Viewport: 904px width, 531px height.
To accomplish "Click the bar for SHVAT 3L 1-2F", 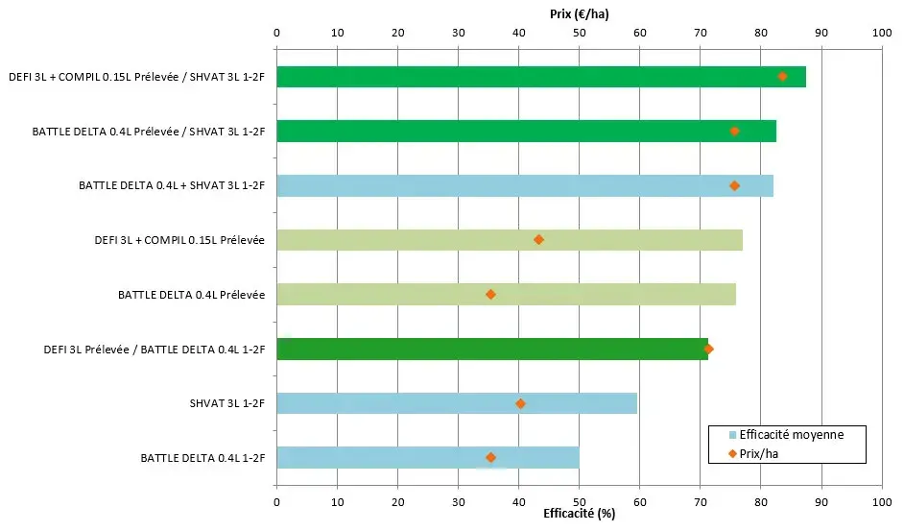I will [456, 403].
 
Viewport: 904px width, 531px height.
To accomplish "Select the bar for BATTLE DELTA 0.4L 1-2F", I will [427, 458].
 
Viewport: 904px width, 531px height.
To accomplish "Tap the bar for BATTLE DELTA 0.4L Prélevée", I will [506, 295].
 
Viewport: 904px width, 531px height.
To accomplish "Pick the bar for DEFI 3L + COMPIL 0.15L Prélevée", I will [509, 240].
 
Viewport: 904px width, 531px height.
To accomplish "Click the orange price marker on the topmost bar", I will [782, 77].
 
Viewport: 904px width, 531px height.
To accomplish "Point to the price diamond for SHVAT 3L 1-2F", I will [520, 403].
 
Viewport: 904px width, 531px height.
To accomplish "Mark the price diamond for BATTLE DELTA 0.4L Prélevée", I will [490, 295].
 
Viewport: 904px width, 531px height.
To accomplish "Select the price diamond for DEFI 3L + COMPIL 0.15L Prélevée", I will [538, 240].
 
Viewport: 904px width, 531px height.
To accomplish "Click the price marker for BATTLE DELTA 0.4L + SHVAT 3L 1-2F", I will [734, 185].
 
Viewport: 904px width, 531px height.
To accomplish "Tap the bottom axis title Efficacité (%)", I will [579, 515].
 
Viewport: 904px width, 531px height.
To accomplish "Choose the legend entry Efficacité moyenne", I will [791, 435].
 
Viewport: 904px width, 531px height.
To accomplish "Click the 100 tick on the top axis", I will [881, 34].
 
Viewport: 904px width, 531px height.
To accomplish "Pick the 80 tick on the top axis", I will [760, 34].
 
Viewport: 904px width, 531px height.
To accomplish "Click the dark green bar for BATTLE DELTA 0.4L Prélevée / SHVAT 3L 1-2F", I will [526, 132].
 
